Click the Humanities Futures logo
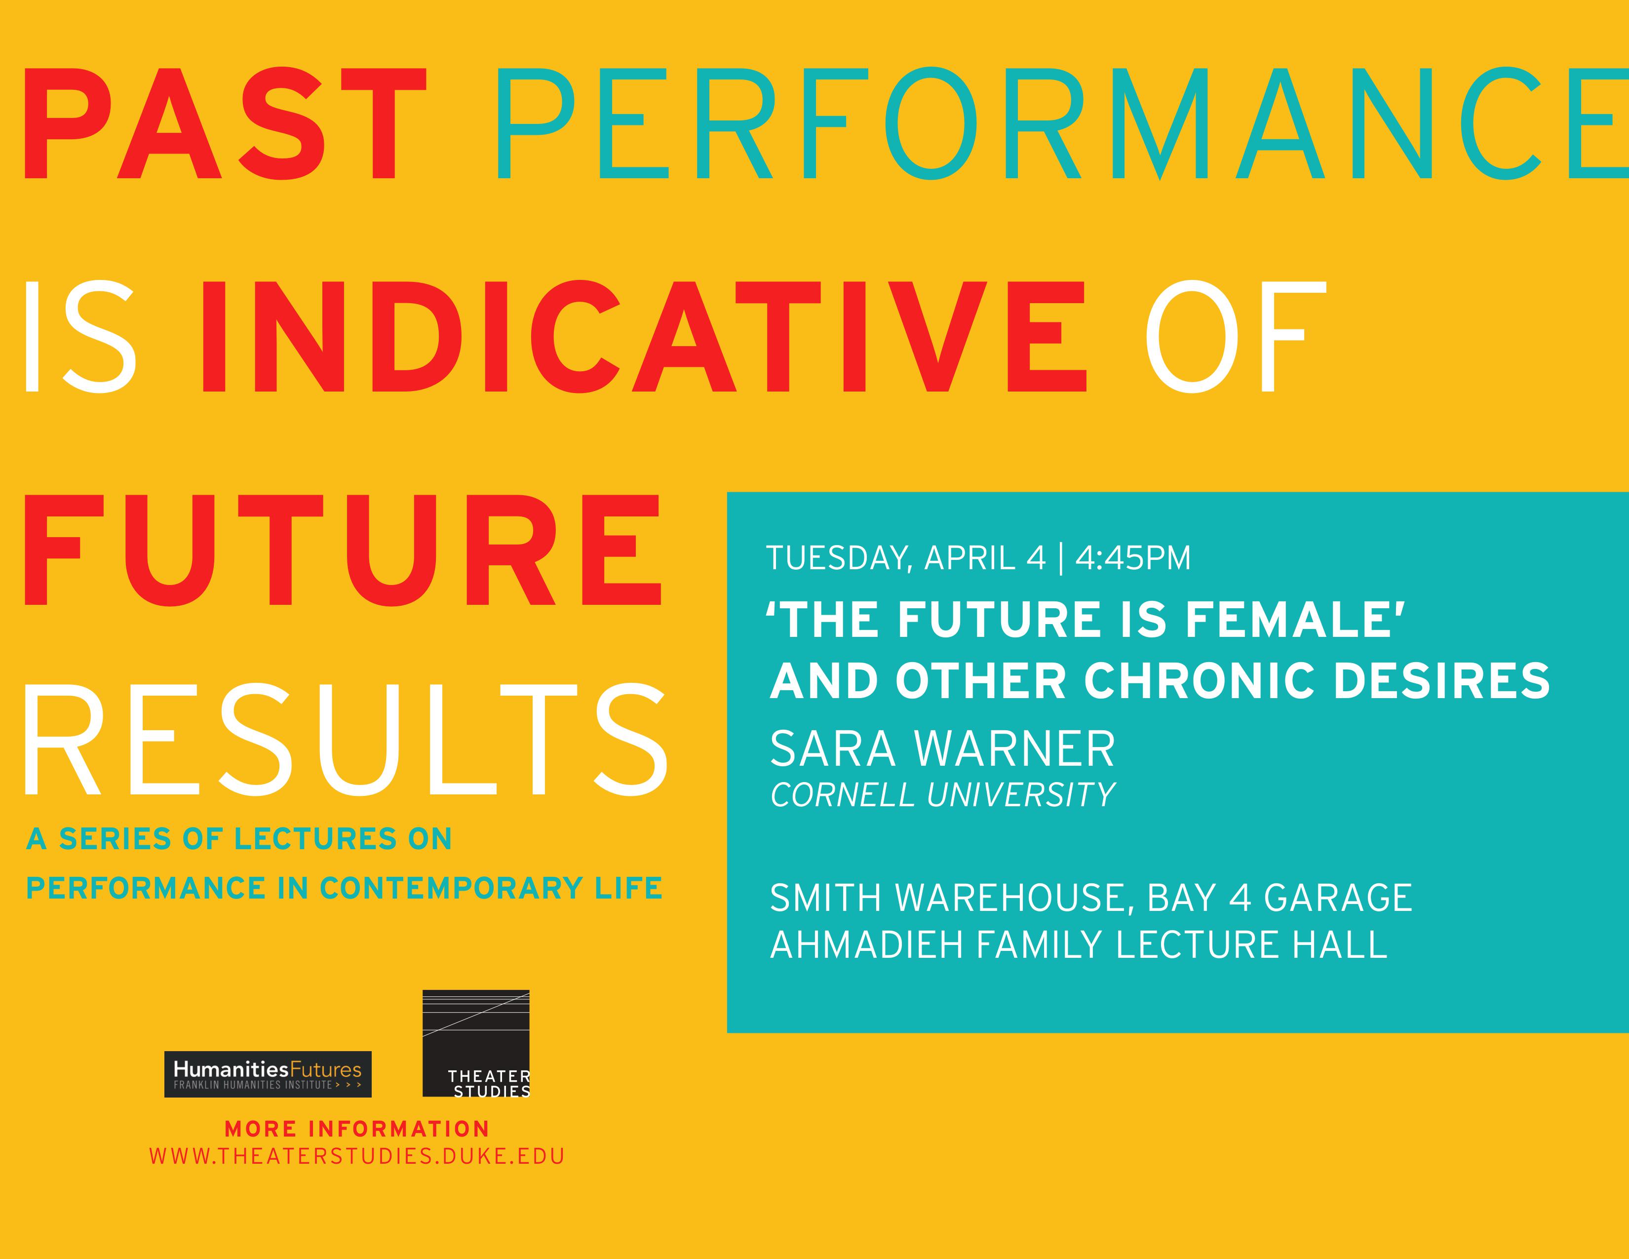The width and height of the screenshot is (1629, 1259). click(268, 1074)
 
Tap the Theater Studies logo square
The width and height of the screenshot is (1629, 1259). click(476, 1043)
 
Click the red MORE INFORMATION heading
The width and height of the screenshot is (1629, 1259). click(356, 1129)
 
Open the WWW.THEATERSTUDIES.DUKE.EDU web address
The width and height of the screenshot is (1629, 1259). click(356, 1157)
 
